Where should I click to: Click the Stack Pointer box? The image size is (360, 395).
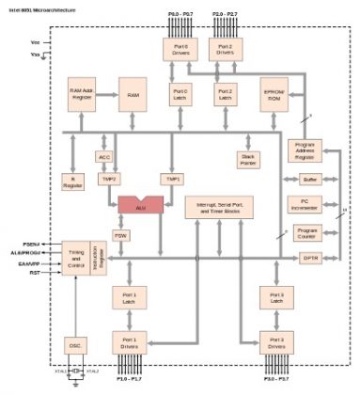coord(249,159)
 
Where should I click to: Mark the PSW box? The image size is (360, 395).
coord(120,235)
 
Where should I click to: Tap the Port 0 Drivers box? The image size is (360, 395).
coord(181,49)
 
